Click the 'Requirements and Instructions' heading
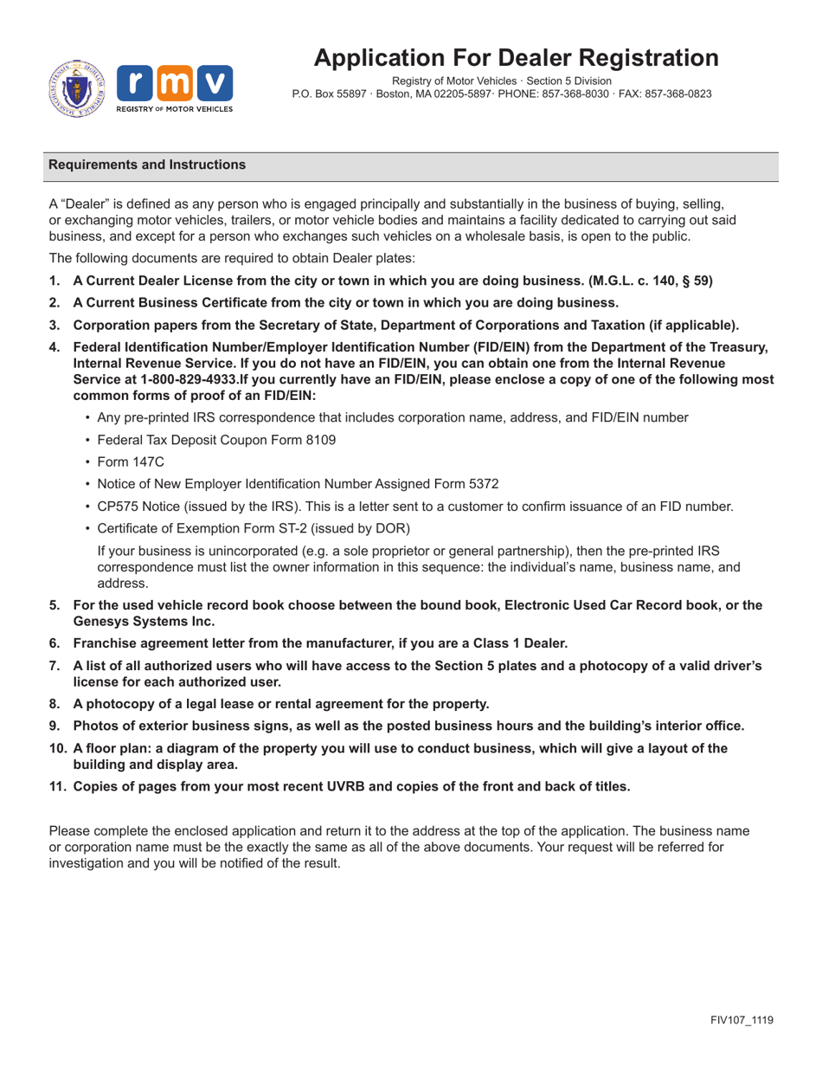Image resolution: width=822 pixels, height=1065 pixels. point(147,165)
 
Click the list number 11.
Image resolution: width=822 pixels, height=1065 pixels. point(57,786)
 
